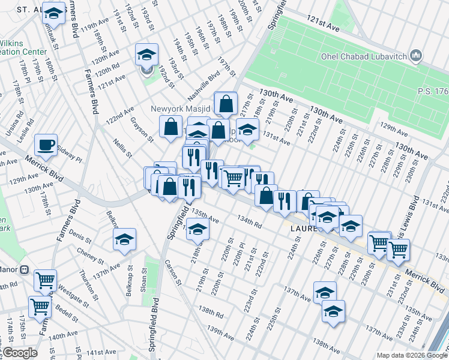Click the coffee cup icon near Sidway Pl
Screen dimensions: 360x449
[46, 145]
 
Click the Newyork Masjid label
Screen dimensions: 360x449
[180, 109]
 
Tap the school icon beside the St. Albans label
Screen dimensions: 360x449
[54, 16]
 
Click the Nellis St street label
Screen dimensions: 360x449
[122, 148]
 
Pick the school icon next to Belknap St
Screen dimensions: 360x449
[124, 239]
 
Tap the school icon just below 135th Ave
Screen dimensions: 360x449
[198, 229]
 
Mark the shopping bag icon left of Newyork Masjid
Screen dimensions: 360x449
[170, 127]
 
